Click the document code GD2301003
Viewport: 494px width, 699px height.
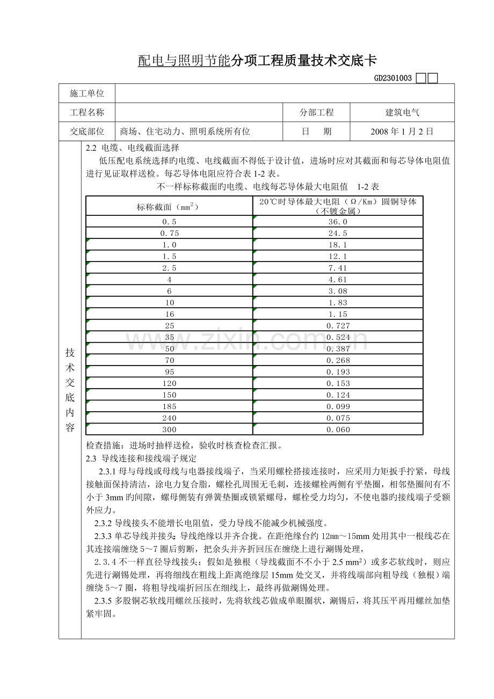393,78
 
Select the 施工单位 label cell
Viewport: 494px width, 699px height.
87,93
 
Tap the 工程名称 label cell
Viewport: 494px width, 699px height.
87,113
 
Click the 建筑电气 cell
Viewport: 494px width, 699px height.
403,113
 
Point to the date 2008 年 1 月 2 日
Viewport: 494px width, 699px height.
402,132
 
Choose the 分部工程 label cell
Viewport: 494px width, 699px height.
316,113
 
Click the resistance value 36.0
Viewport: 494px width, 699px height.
338,222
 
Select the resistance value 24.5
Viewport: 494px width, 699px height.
338,233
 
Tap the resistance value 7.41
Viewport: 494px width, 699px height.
338,268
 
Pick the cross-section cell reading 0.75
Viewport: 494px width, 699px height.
169,233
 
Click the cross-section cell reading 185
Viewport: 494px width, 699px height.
169,406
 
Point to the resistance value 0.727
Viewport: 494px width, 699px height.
338,326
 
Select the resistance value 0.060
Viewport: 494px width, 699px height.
338,429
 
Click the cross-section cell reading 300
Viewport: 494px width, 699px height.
169,429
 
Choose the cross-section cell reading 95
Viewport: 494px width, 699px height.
169,372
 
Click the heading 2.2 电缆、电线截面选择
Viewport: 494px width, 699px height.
133,148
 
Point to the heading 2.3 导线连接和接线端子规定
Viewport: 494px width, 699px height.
141,458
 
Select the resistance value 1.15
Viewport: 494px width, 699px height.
338,314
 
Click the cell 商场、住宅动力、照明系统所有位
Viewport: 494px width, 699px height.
186,132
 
